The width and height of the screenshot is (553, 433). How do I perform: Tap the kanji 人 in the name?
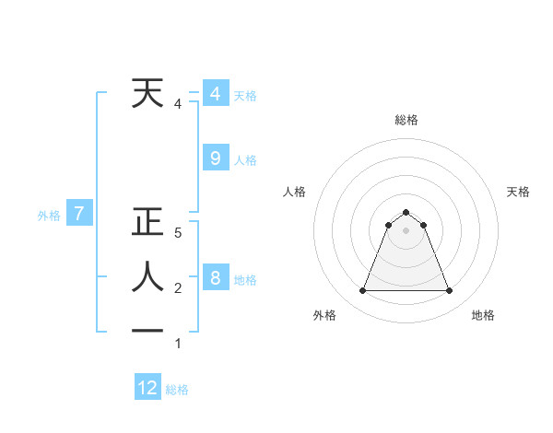click(x=147, y=276)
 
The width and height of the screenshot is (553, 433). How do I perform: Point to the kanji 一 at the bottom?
click(x=147, y=331)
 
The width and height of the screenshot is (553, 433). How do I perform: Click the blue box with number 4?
click(x=215, y=94)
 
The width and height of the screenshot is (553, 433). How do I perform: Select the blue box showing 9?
click(x=215, y=158)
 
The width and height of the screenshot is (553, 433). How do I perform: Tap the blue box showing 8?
click(x=215, y=278)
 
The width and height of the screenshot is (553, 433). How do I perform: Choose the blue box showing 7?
click(x=79, y=215)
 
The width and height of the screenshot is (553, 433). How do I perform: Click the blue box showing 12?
click(x=147, y=388)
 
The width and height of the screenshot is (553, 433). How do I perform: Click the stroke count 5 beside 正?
click(x=178, y=234)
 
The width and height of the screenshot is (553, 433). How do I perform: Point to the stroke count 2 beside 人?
click(x=178, y=288)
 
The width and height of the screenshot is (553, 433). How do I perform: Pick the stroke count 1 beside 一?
click(x=178, y=344)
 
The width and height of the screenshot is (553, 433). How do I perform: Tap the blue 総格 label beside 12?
click(x=177, y=389)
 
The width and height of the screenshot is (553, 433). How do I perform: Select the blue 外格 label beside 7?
click(x=49, y=216)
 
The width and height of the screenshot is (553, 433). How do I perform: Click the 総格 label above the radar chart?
click(x=406, y=120)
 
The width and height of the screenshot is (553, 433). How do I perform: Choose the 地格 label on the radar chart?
click(x=483, y=315)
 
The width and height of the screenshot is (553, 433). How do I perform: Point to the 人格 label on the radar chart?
click(x=295, y=192)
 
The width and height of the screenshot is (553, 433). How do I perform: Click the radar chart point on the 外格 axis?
click(x=362, y=291)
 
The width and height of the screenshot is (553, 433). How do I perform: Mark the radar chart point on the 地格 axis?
click(x=450, y=291)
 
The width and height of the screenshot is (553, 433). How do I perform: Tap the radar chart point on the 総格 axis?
click(x=406, y=213)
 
